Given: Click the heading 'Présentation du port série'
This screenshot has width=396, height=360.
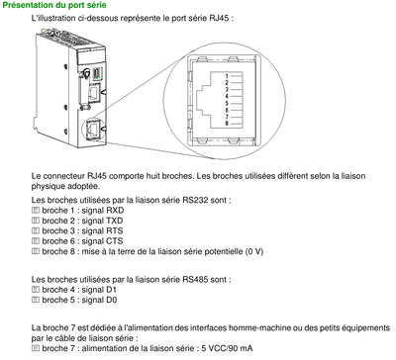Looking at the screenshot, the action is click(x=61, y=6).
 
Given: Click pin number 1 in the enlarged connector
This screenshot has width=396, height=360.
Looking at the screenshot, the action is click(x=227, y=75).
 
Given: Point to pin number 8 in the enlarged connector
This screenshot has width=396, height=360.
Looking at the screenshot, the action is click(x=227, y=123).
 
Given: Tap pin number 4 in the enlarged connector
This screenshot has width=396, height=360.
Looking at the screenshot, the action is click(x=227, y=95).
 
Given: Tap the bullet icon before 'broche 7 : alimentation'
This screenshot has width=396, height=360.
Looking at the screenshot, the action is click(x=36, y=348).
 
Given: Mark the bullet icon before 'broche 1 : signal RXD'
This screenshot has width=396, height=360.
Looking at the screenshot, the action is click(x=36, y=211).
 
